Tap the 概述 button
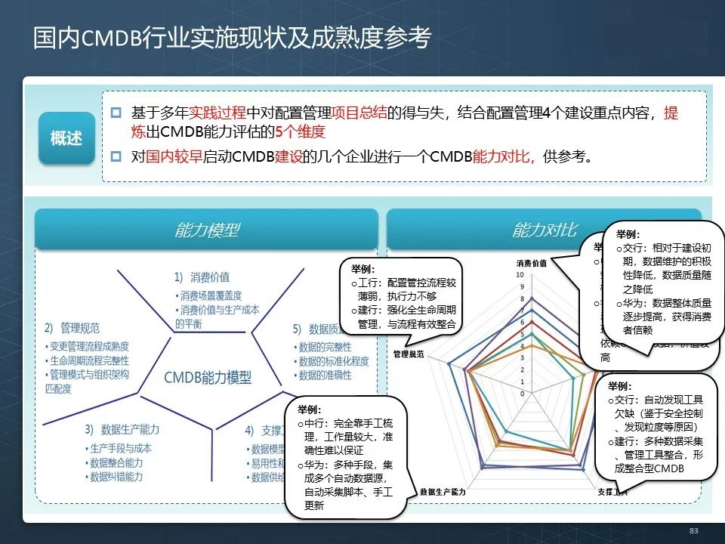coord(66,138)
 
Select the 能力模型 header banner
coord(206,230)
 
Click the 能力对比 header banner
coord(544,230)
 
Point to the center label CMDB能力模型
coord(208,378)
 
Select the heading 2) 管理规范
coord(72,328)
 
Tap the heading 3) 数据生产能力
coord(122,429)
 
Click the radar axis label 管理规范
coord(409,354)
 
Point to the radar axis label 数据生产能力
coord(443,492)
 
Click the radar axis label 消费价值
coord(532,263)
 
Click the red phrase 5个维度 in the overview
coord(299,133)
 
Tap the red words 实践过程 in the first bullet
coord(217,113)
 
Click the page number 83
coord(694,530)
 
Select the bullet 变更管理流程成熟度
coord(88,347)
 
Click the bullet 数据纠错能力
coord(117,477)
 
